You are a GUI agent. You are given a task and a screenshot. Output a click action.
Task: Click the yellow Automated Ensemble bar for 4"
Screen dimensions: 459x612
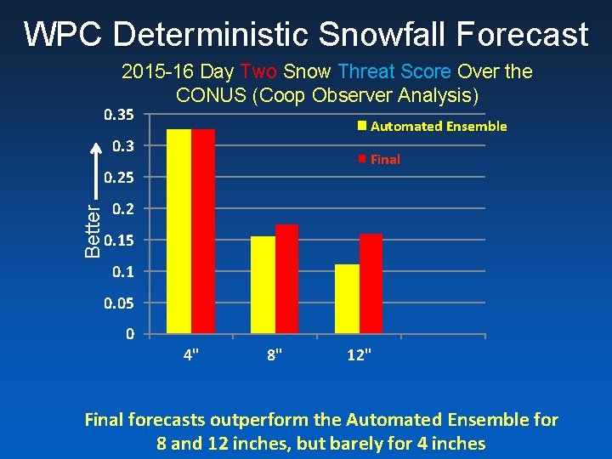(178, 231)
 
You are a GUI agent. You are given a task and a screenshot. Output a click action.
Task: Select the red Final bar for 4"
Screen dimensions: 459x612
(203, 231)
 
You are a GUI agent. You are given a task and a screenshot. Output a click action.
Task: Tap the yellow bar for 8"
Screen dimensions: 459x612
(263, 285)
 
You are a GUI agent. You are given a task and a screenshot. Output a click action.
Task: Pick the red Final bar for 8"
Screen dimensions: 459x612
(287, 279)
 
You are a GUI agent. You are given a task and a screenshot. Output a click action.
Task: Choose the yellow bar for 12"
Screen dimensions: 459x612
(347, 298)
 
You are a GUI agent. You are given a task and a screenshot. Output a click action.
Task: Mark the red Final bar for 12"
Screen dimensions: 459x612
(371, 283)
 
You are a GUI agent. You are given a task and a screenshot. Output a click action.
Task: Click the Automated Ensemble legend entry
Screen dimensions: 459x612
(433, 127)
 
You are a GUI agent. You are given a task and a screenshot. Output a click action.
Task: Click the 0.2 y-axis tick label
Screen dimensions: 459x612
(123, 208)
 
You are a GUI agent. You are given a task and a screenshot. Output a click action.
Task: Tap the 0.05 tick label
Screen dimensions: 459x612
(120, 303)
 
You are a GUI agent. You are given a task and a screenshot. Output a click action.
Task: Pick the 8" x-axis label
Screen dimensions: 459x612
(275, 354)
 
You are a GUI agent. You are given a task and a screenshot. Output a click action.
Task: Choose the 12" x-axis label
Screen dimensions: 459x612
(359, 354)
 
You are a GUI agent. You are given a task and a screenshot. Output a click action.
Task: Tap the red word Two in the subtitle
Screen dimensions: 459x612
(258, 72)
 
